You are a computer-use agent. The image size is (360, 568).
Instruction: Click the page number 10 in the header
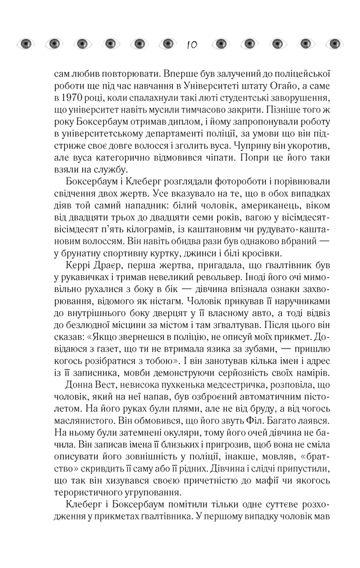[x=191, y=44]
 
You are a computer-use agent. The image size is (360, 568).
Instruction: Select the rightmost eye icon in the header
[x=334, y=43]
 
